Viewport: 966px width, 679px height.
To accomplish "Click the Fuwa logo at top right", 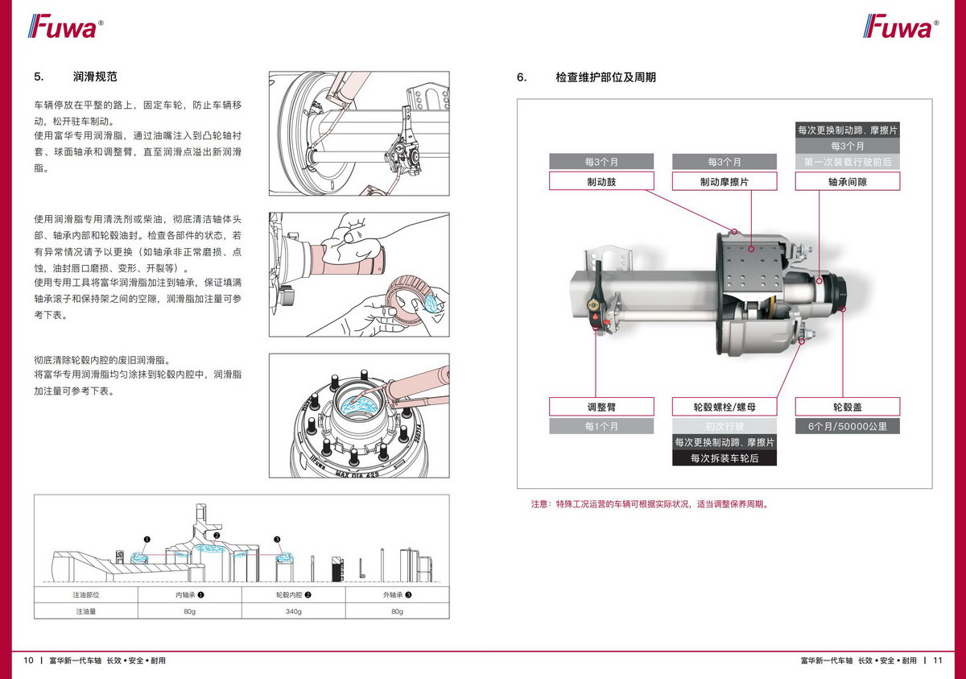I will (901, 27).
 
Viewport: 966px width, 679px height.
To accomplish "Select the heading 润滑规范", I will (95, 77).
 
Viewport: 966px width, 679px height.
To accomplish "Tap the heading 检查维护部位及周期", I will (605, 77).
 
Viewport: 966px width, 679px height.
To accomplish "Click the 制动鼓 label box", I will (601, 182).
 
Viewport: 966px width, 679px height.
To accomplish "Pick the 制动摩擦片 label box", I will (724, 182).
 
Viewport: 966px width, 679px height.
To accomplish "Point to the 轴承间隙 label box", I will (848, 182).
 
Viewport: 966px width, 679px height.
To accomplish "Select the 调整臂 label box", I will (601, 407).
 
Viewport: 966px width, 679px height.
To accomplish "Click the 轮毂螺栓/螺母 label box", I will (724, 407).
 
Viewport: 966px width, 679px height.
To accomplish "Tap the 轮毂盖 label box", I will (848, 407).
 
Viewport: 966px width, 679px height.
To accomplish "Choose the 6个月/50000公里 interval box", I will (848, 426).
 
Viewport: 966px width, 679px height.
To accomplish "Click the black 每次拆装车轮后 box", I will (724, 458).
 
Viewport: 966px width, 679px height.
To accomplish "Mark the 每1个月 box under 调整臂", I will (601, 426).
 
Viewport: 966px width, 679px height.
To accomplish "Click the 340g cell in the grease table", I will (293, 611).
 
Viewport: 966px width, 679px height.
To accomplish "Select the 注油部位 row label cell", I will (86, 595).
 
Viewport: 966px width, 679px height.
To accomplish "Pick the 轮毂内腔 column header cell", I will (293, 595).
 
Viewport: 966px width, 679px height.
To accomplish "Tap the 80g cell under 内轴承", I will (190, 611).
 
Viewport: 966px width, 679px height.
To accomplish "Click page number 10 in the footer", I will (28, 660).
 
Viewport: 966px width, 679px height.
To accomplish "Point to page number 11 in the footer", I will (938, 660).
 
